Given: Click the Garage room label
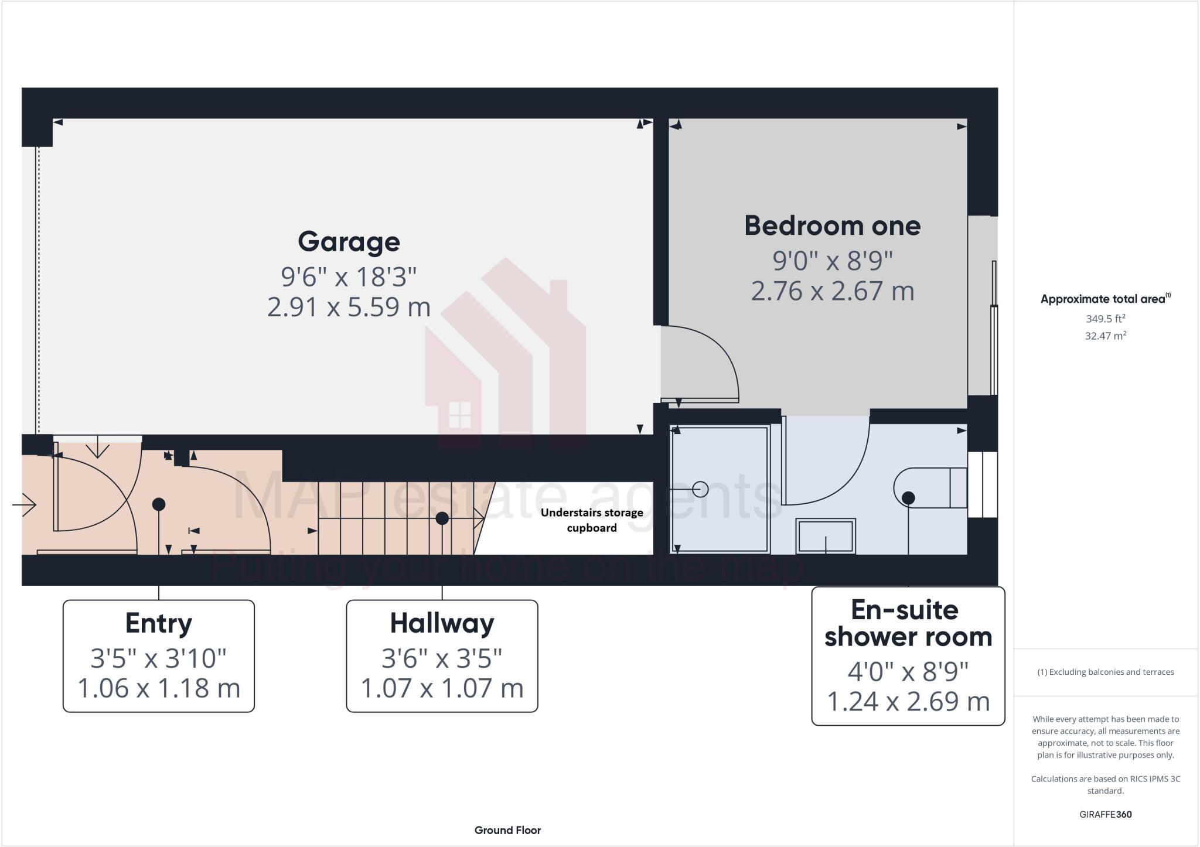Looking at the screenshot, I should pos(349,242).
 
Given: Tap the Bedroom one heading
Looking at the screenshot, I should pos(832,226).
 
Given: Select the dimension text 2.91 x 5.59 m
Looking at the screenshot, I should pos(349,307).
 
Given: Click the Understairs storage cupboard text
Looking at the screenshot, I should pos(591,520).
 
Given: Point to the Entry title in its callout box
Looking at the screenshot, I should pos(158,623).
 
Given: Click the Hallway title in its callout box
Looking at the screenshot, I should pos(442,623).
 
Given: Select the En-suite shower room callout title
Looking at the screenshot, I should pos(908,623).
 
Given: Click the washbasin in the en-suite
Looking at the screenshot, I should pos(825,536).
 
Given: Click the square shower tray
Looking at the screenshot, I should pos(720,489).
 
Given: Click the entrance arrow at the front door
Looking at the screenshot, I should pos(25,504).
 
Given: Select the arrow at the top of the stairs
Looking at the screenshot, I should pos(477,518).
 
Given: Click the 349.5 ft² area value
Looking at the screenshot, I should pos(1105,319).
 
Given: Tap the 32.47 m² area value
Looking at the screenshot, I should pos(1105,336).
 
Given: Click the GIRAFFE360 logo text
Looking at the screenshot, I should pos(1105,814).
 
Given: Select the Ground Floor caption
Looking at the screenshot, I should pos(507,830).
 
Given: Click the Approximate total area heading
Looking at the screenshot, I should pos(1104,299).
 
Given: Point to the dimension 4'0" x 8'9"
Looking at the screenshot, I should pos(908,671).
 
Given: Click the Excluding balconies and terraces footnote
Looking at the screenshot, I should pos(1105,672).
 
